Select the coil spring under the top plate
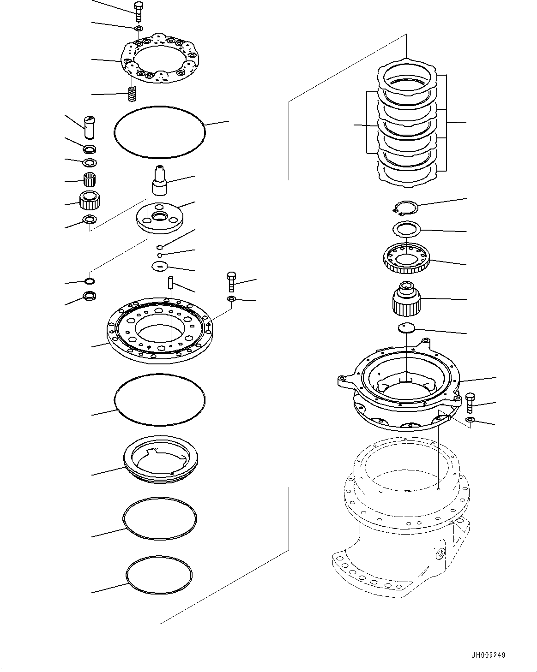(x=133, y=95)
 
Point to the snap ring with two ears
(x=405, y=208)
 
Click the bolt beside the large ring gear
(x=231, y=281)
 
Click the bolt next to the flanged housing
(x=470, y=402)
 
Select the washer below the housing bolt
(x=470, y=419)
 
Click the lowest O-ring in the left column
(x=159, y=574)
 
